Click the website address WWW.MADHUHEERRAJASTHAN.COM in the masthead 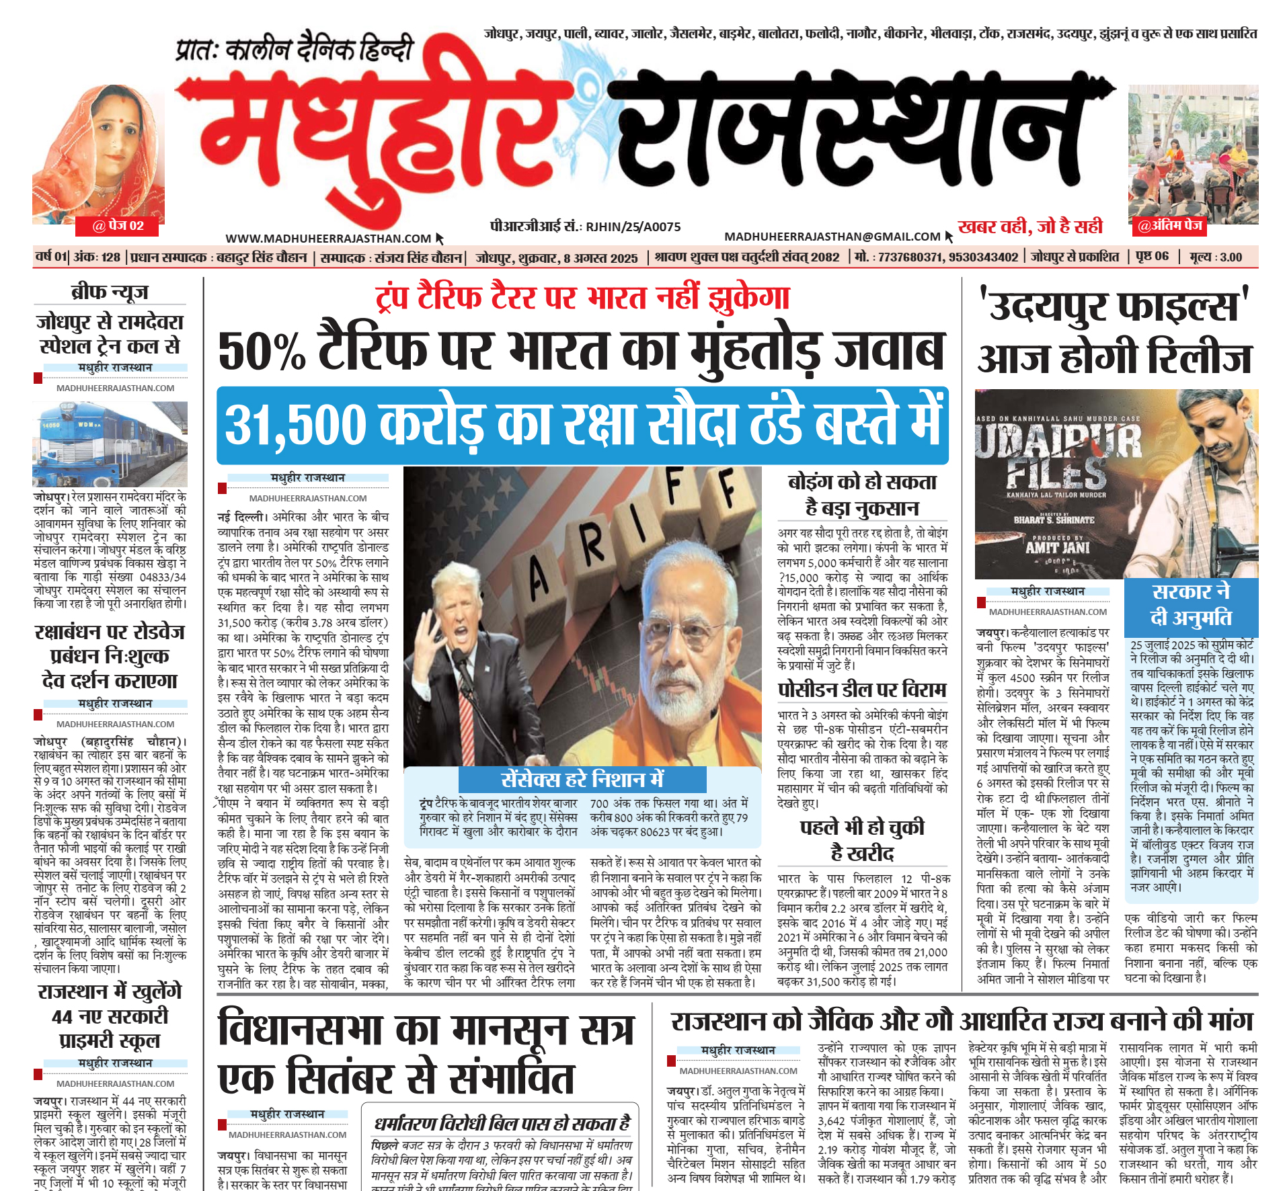(x=328, y=239)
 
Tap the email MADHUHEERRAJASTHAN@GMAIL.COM (x=832, y=237)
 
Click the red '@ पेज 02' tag (x=118, y=226)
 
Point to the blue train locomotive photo (x=110, y=444)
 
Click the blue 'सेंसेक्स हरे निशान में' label (x=582, y=779)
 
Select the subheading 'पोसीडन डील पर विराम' (x=861, y=690)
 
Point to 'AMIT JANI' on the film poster (x=1057, y=547)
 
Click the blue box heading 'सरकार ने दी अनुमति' (x=1190, y=604)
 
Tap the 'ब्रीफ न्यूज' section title (x=110, y=292)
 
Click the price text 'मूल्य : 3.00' (x=1215, y=257)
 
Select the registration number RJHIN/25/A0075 (x=633, y=227)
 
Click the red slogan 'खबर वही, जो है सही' (x=1030, y=227)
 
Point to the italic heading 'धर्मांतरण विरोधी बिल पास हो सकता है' (x=502, y=1123)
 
